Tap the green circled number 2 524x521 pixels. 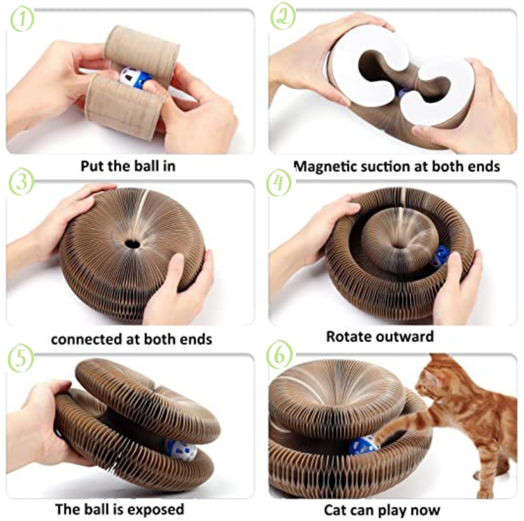pos(283,17)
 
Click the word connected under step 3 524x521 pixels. pos(86,339)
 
